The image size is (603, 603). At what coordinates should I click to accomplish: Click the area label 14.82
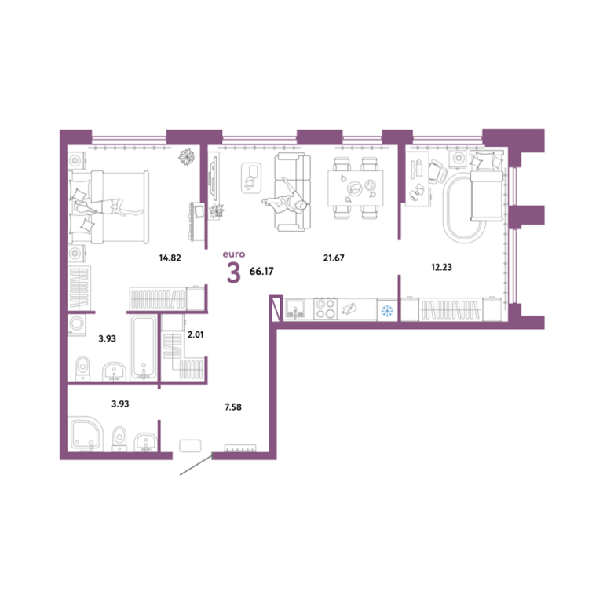[170, 258]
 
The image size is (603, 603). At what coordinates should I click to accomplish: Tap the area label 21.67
[334, 258]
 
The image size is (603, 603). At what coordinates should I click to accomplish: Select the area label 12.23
[441, 267]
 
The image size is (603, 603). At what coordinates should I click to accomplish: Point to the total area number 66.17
[261, 271]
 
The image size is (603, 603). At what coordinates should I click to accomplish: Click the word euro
[234, 254]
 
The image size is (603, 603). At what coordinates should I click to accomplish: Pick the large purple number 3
[233, 272]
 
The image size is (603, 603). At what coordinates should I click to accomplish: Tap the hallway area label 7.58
[233, 407]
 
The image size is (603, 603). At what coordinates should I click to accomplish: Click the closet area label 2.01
[196, 334]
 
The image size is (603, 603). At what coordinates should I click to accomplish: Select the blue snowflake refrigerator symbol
[387, 311]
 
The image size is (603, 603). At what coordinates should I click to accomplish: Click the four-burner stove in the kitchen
[325, 309]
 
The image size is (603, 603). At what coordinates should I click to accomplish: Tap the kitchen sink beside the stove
[295, 309]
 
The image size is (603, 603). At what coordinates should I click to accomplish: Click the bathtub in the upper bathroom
[144, 347]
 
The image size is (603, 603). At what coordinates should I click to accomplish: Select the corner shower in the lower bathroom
[86, 434]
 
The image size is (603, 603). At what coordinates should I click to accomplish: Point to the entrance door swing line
[196, 465]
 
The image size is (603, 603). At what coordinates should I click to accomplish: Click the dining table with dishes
[356, 188]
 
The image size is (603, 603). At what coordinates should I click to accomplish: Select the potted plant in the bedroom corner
[187, 156]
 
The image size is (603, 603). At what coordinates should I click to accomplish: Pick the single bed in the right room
[487, 186]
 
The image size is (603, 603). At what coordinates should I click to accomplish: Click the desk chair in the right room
[437, 170]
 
